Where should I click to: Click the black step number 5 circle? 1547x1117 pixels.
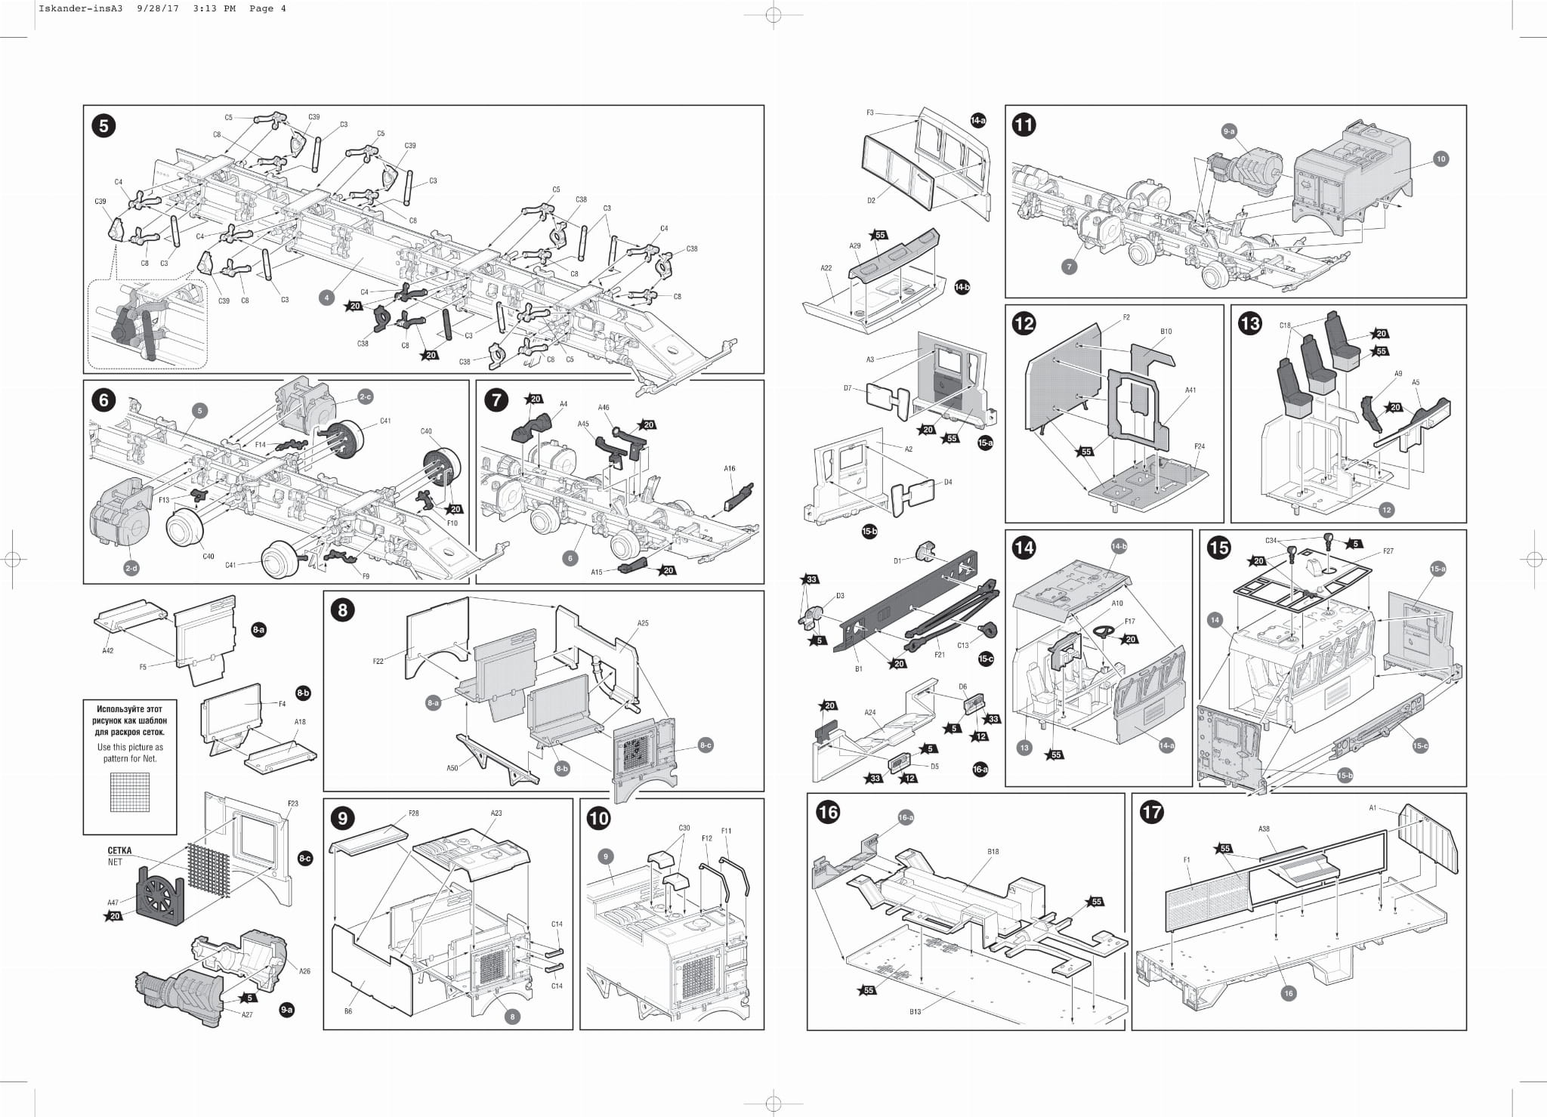pos(103,125)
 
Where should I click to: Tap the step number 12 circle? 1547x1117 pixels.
pos(1024,324)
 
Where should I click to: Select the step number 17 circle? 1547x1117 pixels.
pos(1152,812)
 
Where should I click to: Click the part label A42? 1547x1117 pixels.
pos(108,650)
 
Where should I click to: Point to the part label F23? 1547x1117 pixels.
pos(293,804)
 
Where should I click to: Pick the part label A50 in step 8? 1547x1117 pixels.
pos(452,769)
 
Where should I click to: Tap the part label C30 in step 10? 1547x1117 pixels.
pos(684,828)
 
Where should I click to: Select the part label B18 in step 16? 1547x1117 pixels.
pos(993,851)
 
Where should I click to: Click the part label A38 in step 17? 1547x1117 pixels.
pos(1264,828)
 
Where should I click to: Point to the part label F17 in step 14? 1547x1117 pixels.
pos(1129,622)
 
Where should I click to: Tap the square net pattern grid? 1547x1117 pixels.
pos(129,791)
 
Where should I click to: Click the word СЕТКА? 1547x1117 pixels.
pos(119,850)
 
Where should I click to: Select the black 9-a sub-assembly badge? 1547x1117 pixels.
pos(286,1009)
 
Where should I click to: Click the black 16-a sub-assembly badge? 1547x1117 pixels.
pos(980,769)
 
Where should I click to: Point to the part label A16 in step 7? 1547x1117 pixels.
pos(729,468)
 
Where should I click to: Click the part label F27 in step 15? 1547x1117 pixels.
pos(1388,551)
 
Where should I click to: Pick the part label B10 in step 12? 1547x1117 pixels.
pos(1166,331)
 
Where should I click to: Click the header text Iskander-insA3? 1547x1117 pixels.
pos(69,9)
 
